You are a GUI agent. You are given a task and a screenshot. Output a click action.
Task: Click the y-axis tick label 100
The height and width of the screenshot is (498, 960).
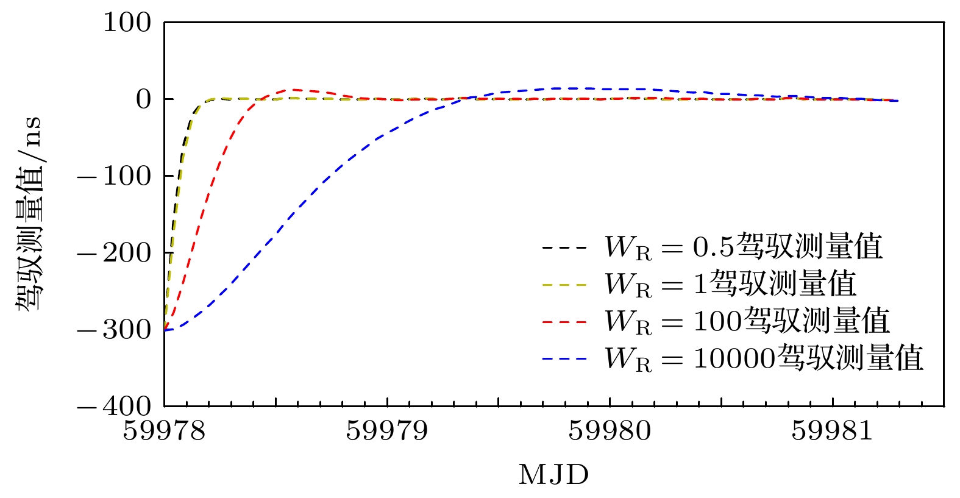click(x=127, y=23)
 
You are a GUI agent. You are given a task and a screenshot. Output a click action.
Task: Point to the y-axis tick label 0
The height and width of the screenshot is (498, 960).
click(x=143, y=99)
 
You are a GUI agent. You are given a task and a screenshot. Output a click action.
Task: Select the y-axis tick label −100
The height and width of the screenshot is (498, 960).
click(x=114, y=176)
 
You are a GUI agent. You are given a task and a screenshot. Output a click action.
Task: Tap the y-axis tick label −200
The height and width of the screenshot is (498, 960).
click(x=114, y=253)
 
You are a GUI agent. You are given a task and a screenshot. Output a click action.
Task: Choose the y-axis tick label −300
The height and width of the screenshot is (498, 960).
click(x=114, y=330)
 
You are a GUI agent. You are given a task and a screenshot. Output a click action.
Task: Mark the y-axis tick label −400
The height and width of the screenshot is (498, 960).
click(x=114, y=406)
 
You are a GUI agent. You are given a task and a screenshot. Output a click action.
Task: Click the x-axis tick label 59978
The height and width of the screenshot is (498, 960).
click(x=165, y=431)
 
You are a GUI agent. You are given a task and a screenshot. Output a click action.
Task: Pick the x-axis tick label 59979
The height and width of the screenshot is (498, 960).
click(x=387, y=431)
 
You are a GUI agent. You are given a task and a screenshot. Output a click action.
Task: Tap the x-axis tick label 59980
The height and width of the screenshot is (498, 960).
click(x=610, y=431)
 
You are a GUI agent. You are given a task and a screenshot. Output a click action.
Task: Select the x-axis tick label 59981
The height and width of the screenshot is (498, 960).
click(x=833, y=431)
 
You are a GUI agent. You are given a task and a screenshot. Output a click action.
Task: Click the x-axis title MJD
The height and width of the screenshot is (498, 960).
click(x=553, y=475)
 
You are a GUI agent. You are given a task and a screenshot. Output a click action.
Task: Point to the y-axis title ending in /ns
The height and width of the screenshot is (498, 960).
click(x=29, y=213)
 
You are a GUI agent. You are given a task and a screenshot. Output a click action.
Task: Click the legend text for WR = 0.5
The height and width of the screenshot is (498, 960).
click(x=743, y=247)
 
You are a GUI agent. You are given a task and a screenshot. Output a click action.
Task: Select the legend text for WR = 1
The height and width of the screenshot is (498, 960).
click(x=730, y=284)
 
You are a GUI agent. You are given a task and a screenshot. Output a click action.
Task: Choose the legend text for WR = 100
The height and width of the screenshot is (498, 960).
click(x=747, y=321)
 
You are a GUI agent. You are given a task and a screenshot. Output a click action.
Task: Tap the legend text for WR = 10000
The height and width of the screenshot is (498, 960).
click(x=764, y=358)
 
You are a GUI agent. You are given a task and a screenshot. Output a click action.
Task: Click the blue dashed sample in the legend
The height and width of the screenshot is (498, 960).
click(x=564, y=359)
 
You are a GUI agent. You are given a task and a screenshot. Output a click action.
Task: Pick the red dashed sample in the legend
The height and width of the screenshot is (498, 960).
click(x=564, y=322)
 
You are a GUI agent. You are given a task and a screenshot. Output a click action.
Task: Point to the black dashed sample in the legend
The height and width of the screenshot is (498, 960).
click(x=564, y=248)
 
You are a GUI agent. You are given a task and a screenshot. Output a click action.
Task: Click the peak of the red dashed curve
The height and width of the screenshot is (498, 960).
click(x=294, y=90)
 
